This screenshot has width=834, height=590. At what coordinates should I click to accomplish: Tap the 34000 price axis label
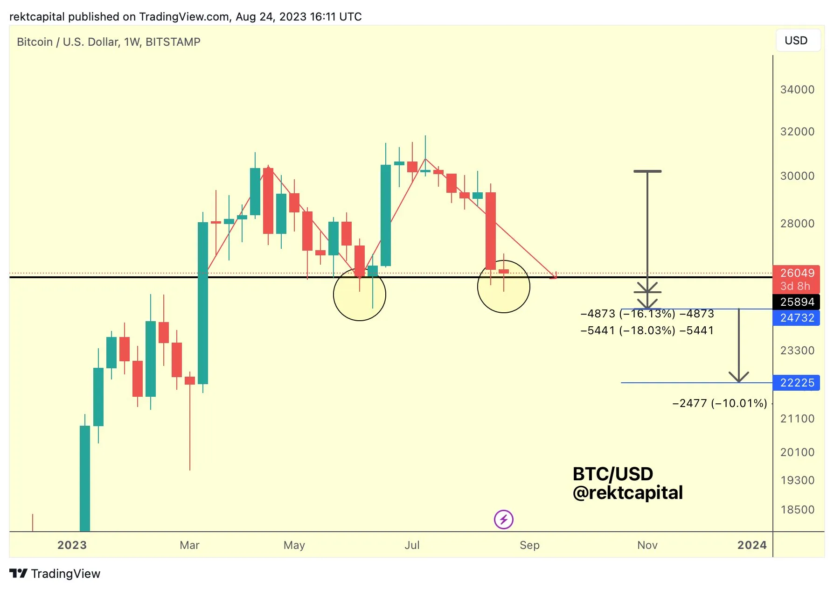coord(797,90)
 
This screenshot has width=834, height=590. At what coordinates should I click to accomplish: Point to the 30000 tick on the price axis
coord(797,176)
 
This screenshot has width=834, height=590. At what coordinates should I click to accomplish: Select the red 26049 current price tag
coord(797,273)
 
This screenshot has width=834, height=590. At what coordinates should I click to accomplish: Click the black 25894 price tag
coord(797,302)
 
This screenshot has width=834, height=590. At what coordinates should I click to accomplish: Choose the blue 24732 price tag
coord(797,318)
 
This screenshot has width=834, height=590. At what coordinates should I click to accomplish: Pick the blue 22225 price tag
coord(797,383)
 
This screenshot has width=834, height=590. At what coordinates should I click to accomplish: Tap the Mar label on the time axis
coord(189,545)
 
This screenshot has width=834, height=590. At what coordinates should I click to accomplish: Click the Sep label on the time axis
coord(529,545)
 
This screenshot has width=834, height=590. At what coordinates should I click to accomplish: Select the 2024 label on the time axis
coord(751,545)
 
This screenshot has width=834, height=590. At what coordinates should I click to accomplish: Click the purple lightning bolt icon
coord(504,519)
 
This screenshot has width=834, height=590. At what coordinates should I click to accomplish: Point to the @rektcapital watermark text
coord(627,493)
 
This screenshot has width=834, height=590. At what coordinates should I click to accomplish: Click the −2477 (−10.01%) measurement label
coord(719,403)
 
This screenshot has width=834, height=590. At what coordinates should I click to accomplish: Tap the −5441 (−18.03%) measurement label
coord(647,330)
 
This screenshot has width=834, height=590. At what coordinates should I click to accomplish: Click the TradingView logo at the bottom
coord(55,574)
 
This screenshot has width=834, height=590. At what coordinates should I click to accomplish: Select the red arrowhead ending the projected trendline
coord(554,276)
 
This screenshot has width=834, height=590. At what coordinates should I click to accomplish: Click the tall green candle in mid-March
coord(203,303)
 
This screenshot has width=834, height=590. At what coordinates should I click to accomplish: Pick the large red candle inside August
coord(491,231)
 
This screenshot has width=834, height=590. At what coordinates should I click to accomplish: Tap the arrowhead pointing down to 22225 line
coord(739,378)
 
